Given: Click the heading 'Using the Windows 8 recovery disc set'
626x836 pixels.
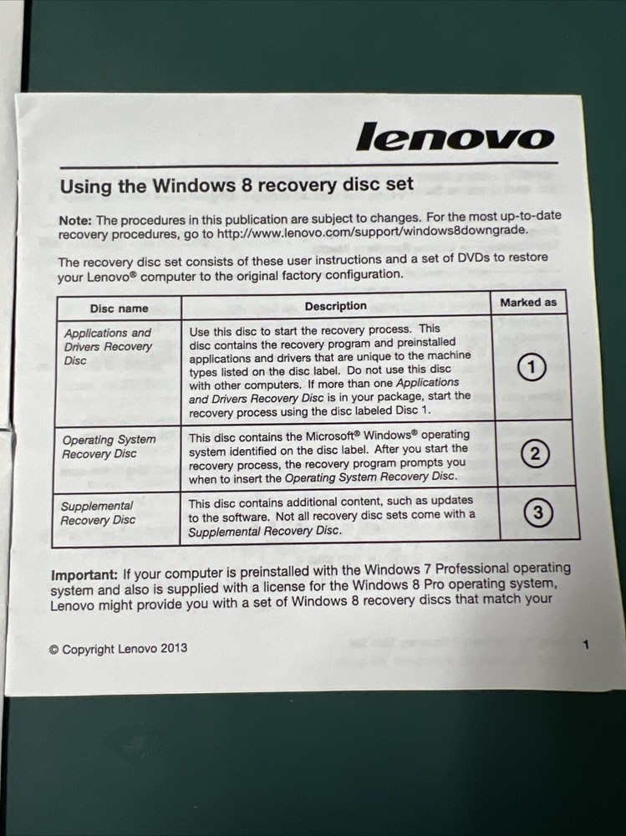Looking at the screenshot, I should coord(237,186).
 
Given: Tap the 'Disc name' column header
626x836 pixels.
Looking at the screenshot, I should coord(119,308).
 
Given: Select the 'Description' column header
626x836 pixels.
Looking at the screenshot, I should coord(335,306).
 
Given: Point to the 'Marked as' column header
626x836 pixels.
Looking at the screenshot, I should coord(527,303).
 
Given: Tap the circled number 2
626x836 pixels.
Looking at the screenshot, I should coord(535,454).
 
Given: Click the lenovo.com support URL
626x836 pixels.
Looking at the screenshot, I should coord(372,232).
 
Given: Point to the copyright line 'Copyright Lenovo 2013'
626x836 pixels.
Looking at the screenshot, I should coord(118,648).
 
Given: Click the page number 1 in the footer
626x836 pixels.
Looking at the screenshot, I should coord(586,645).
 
